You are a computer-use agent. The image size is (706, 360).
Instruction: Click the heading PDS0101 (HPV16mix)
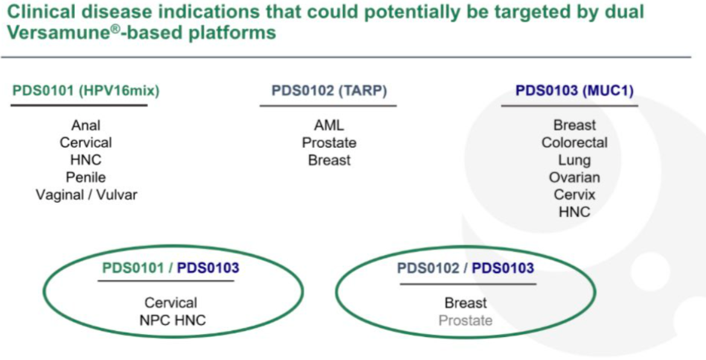tap(86, 91)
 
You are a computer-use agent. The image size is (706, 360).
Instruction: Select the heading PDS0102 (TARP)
tap(329, 91)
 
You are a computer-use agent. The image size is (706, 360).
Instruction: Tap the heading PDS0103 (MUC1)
tap(574, 90)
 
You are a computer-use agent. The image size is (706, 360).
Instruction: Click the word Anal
tap(86, 125)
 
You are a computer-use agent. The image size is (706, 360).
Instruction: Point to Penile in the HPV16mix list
tap(86, 177)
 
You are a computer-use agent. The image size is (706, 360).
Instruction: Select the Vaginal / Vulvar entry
tap(86, 195)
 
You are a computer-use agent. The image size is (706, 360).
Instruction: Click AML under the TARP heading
tap(329, 125)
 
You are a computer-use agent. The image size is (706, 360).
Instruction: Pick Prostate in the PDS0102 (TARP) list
tap(329, 143)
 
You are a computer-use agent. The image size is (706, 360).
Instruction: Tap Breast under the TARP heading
tap(329, 160)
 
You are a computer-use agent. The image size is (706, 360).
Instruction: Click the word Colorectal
tap(574, 143)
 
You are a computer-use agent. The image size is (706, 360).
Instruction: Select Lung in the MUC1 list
tap(574, 160)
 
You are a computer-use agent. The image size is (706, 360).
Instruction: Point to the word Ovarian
tap(574, 177)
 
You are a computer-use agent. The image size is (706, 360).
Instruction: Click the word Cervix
tap(574, 195)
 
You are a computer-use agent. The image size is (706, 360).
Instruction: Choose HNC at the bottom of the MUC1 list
tap(574, 212)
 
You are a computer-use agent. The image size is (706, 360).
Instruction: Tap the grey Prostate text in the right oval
tap(466, 320)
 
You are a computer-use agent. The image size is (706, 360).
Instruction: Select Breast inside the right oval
tap(466, 303)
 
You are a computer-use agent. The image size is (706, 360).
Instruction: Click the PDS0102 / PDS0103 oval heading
tap(465, 268)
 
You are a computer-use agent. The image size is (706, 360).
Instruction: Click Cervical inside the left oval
tap(171, 302)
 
